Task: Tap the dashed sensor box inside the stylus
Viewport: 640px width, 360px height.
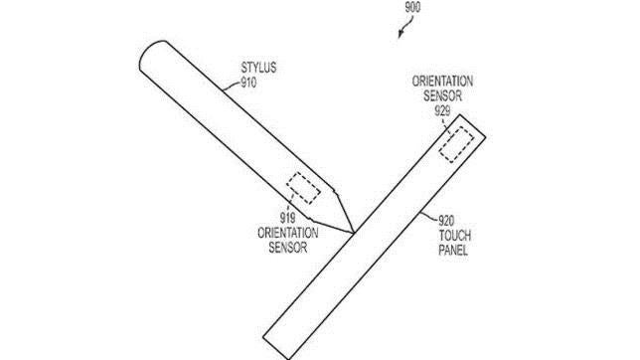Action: click(x=303, y=187)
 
